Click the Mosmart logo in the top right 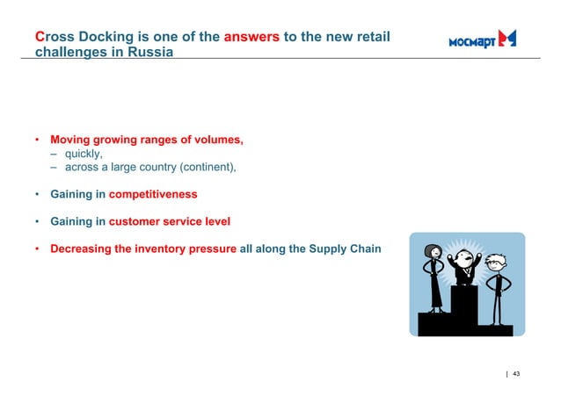pos(482,39)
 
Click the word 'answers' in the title pos(251,37)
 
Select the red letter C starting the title pos(40,37)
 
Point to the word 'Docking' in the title pos(98,37)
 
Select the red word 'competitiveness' pos(153,194)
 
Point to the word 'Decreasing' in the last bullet pos(81,248)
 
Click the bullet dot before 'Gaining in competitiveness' pos(37,194)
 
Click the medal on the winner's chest pos(462,275)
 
